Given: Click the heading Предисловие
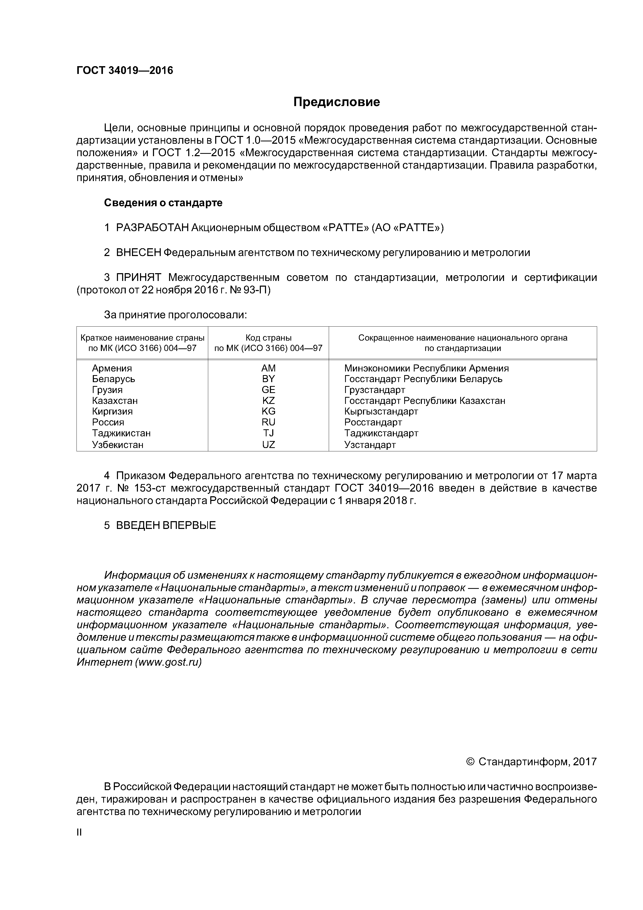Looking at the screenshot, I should [x=336, y=102].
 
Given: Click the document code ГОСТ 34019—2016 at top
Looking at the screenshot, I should [x=125, y=71].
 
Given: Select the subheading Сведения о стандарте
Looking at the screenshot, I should [x=163, y=203].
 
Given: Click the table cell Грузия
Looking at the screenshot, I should [x=107, y=390].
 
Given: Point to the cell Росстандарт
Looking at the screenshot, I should [x=373, y=423].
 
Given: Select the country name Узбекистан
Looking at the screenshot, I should [x=118, y=445].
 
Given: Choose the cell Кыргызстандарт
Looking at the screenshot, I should [x=381, y=411].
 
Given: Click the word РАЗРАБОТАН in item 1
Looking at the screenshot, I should [x=152, y=228].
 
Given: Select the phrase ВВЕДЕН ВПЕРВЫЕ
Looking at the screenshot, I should [x=166, y=526].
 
